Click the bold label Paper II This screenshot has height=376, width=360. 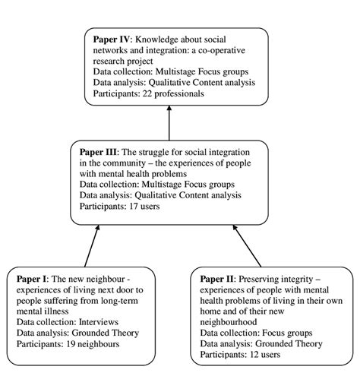pos(218,280)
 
